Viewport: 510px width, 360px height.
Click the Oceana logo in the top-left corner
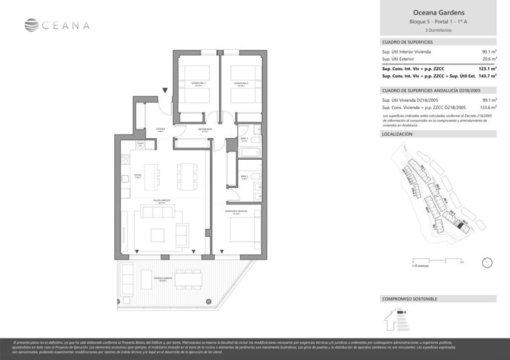pyautogui.click(x=57, y=26)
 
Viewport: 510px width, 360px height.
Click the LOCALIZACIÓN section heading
pyautogui.click(x=397, y=134)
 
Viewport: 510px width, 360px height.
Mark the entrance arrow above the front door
pyautogui.click(x=166, y=90)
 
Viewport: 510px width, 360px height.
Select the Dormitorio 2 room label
pyautogui.click(x=240, y=84)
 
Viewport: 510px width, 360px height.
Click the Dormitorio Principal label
pyautogui.click(x=242, y=210)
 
